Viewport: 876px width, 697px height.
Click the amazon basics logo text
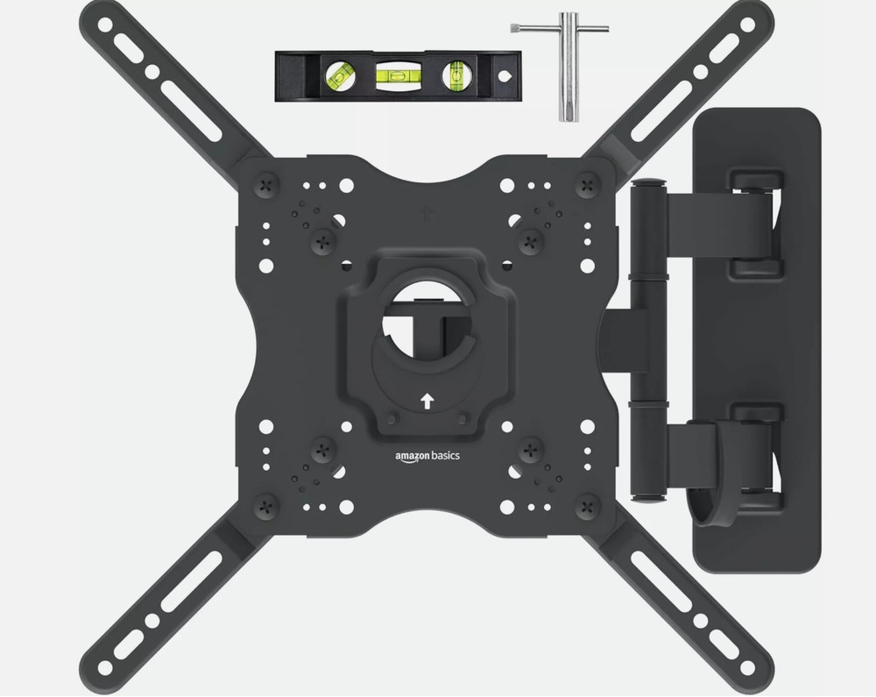pos(427,455)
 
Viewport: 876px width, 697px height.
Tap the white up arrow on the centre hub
pos(427,401)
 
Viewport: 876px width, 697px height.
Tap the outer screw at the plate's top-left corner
pos(266,185)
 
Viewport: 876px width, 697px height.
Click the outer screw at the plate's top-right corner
pos(586,185)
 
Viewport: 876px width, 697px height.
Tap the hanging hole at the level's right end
pos(504,76)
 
